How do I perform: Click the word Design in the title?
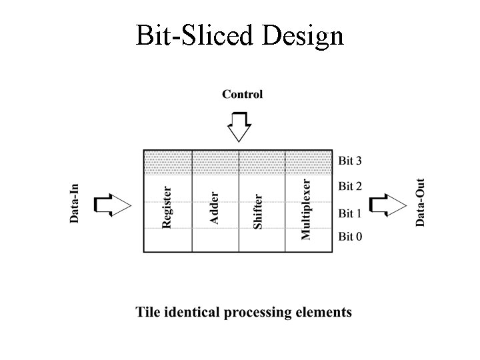(x=303, y=36)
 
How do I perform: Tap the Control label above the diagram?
(x=243, y=94)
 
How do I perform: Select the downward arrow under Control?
(x=238, y=126)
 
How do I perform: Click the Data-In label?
(x=75, y=203)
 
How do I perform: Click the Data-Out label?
(x=421, y=202)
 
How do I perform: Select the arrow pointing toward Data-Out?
(x=387, y=205)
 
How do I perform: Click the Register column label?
(x=167, y=207)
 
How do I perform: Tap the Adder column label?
(x=214, y=203)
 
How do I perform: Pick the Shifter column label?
(x=258, y=211)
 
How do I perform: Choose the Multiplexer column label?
(x=305, y=209)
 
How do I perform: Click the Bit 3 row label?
(x=350, y=161)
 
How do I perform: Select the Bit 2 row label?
(x=350, y=186)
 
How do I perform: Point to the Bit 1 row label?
(x=350, y=213)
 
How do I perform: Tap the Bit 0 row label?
(x=350, y=237)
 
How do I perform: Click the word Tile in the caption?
(x=149, y=311)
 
